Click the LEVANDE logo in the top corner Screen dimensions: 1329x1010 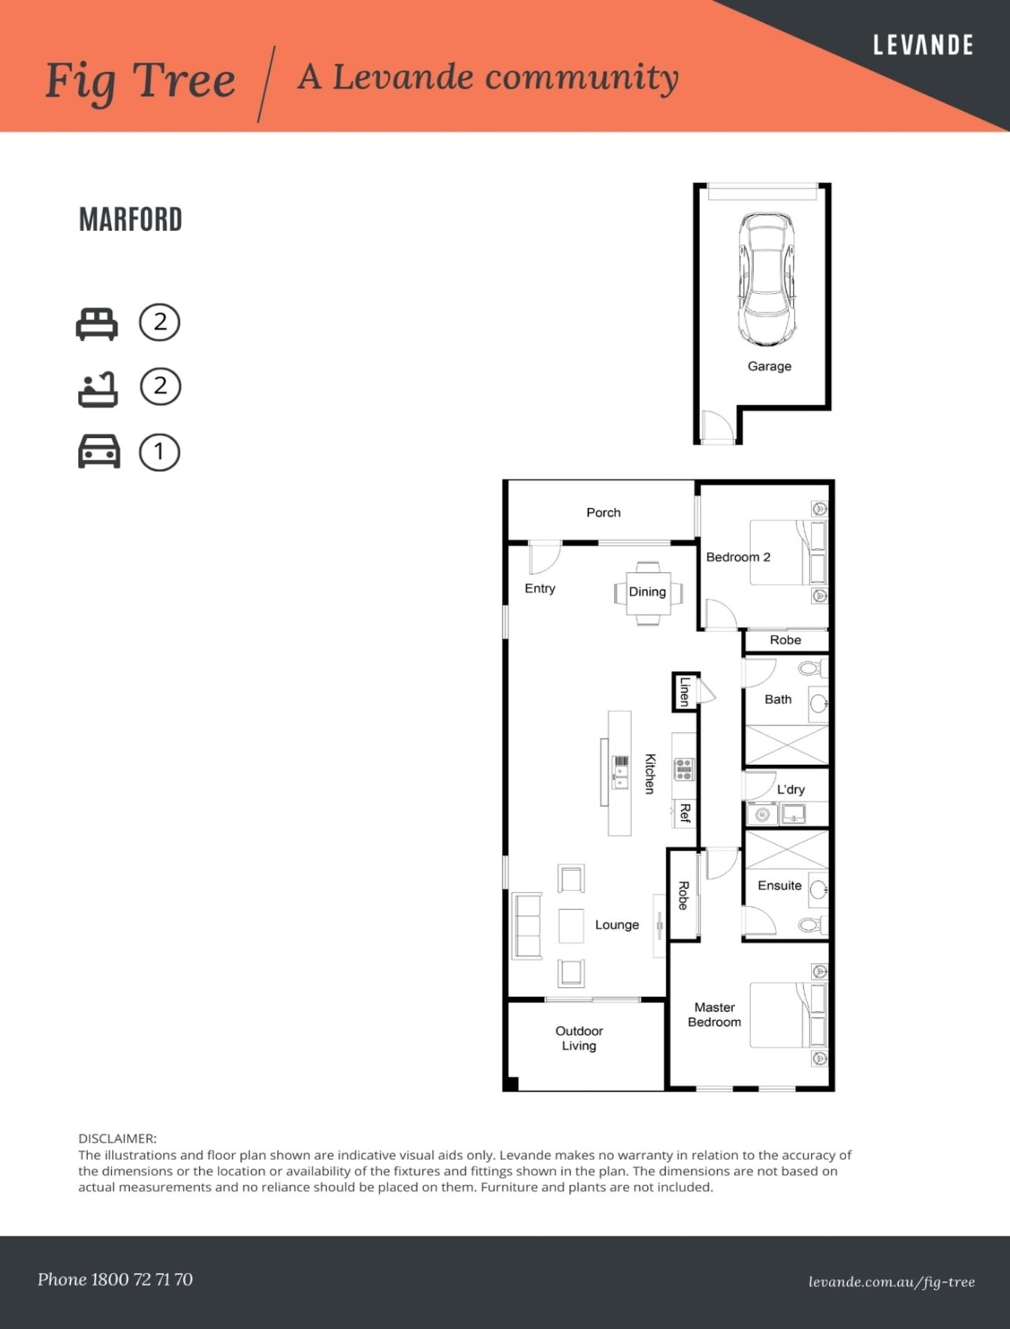click(923, 45)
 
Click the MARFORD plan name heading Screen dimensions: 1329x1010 click(131, 219)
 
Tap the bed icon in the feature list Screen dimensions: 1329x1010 click(97, 324)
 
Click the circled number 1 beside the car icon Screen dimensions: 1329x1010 click(159, 452)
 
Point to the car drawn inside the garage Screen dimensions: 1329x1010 click(766, 278)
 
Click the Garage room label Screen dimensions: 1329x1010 click(769, 367)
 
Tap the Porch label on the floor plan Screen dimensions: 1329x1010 click(603, 513)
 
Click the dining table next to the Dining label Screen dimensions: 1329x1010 click(647, 593)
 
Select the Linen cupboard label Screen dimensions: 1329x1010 click(685, 691)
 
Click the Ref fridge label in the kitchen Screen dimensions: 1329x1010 click(685, 813)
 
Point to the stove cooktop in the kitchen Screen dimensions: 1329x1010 click(683, 769)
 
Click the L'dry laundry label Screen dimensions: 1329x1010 click(791, 789)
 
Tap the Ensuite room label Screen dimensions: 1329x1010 click(779, 885)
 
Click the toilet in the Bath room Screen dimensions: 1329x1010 click(812, 669)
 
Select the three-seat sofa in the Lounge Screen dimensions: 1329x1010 click(527, 926)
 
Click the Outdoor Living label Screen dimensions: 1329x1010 click(579, 1038)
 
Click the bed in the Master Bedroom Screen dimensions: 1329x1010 click(786, 1014)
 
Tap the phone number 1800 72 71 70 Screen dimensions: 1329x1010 click(141, 1279)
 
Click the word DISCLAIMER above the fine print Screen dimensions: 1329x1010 click(117, 1139)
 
